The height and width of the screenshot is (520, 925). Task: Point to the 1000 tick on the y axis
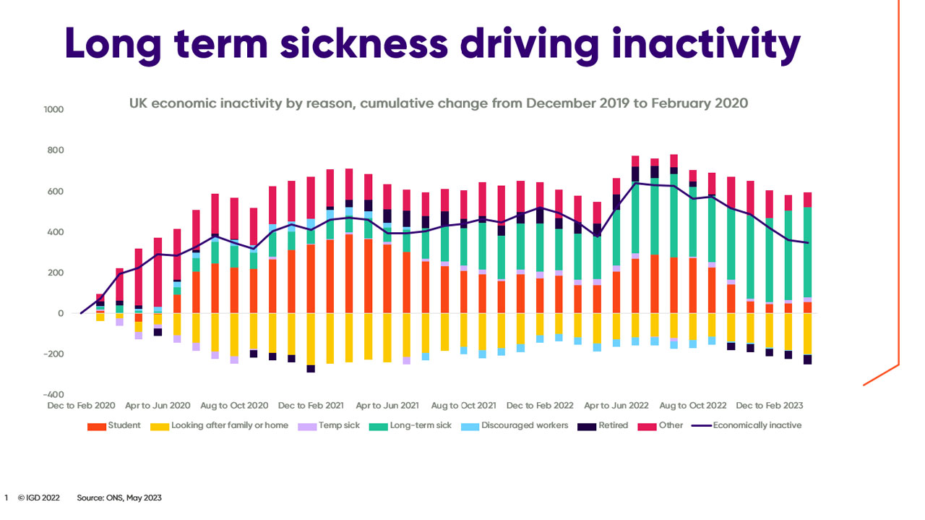(x=54, y=110)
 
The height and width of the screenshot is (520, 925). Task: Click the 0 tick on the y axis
(x=61, y=314)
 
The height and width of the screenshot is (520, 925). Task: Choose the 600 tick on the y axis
(x=56, y=192)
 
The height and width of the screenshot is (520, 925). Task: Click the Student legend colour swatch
(x=97, y=426)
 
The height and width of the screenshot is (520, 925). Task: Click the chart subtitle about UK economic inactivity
(x=438, y=103)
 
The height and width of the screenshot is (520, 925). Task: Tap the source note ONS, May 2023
(x=119, y=498)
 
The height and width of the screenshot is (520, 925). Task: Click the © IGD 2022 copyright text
(x=39, y=498)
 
